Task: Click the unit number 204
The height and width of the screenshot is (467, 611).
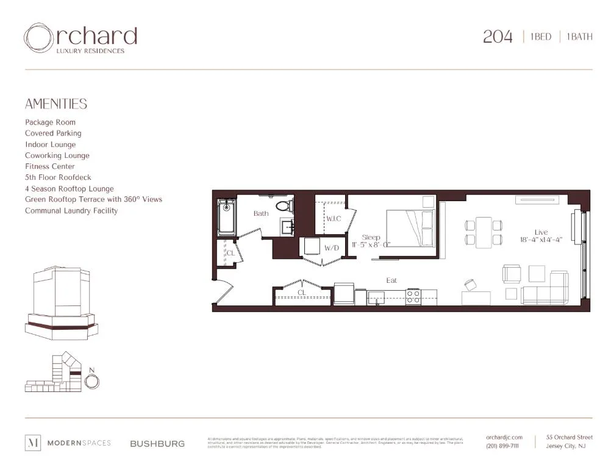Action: pyautogui.click(x=498, y=37)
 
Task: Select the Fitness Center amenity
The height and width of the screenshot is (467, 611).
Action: pyautogui.click(x=50, y=166)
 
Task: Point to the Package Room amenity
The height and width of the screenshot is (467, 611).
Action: pyautogui.click(x=50, y=123)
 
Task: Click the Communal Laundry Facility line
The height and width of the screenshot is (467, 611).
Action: pyautogui.click(x=71, y=211)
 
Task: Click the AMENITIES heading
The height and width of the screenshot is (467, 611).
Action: pyautogui.click(x=56, y=104)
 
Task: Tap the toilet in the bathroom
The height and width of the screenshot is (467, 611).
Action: pyautogui.click(x=284, y=205)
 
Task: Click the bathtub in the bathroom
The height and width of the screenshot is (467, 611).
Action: pyautogui.click(x=227, y=218)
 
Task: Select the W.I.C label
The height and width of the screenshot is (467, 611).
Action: pyautogui.click(x=334, y=218)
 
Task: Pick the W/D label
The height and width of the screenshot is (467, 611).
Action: pyautogui.click(x=331, y=248)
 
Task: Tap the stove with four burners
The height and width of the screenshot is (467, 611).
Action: pyautogui.click(x=413, y=296)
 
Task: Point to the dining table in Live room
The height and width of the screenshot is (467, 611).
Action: pyautogui.click(x=484, y=232)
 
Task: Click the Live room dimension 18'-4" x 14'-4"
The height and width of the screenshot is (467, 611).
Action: pyautogui.click(x=541, y=240)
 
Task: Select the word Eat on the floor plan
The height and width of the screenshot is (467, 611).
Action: pyautogui.click(x=391, y=280)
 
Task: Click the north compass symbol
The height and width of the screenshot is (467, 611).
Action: pyautogui.click(x=91, y=381)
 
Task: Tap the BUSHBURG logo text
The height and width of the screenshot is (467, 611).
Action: pyautogui.click(x=157, y=444)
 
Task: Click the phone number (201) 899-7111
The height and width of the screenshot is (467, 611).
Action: pyautogui.click(x=503, y=446)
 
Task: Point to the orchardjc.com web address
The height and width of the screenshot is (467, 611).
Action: pyautogui.click(x=504, y=437)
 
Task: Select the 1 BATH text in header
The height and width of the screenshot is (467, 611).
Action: pyautogui.click(x=579, y=37)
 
